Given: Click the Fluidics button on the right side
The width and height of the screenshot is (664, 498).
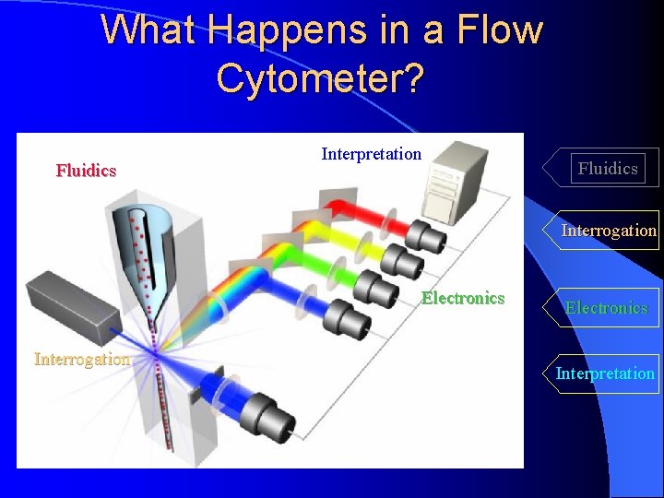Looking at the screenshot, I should (x=607, y=168).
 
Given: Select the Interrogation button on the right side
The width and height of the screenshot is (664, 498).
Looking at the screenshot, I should (x=609, y=231).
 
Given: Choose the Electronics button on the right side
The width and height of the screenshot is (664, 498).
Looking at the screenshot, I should (x=606, y=308).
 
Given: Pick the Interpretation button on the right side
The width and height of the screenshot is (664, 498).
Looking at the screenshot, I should (x=605, y=373).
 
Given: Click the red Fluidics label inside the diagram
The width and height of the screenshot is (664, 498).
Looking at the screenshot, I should (x=86, y=171).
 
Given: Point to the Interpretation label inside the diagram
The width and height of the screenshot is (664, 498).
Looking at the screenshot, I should (x=371, y=154).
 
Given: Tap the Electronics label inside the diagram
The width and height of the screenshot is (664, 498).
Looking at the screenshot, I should (x=463, y=298).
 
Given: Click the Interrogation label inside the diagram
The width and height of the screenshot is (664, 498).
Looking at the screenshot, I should (x=82, y=359).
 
